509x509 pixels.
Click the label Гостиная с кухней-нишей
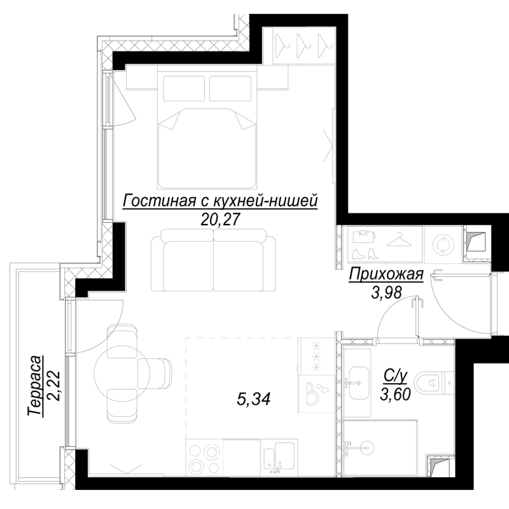[220, 202]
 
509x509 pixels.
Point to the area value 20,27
[220, 220]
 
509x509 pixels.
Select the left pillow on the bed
[183, 87]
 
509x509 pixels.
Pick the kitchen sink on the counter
[278, 459]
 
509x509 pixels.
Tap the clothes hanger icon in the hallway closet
[399, 241]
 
